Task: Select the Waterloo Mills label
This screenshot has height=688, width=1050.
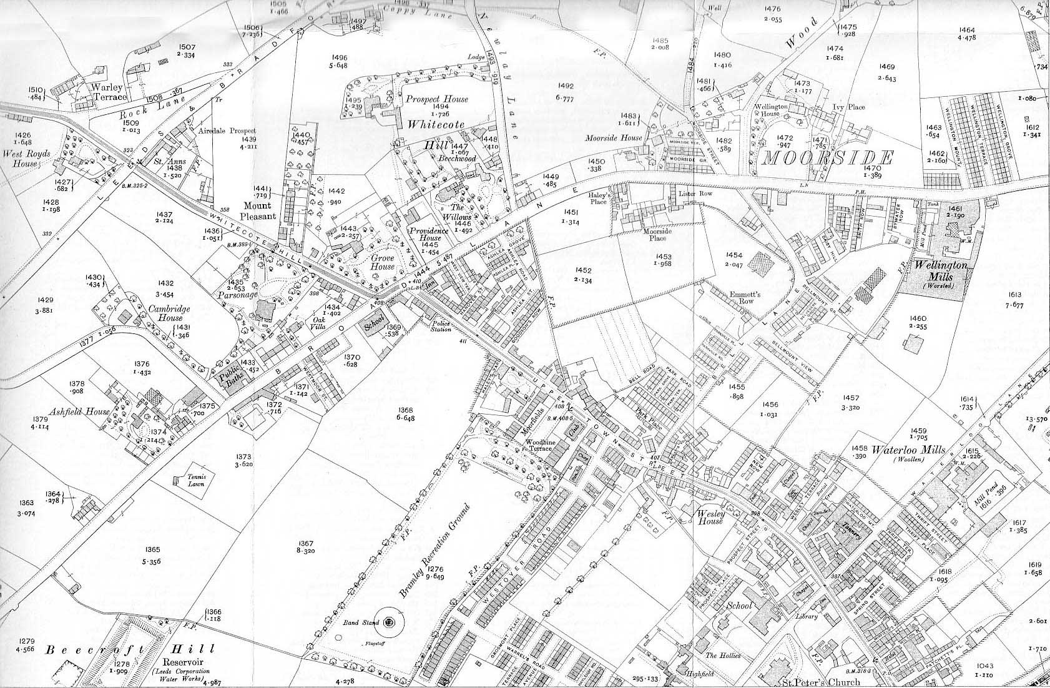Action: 908,450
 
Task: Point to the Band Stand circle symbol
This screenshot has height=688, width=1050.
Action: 390,622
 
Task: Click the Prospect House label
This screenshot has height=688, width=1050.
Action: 437,99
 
